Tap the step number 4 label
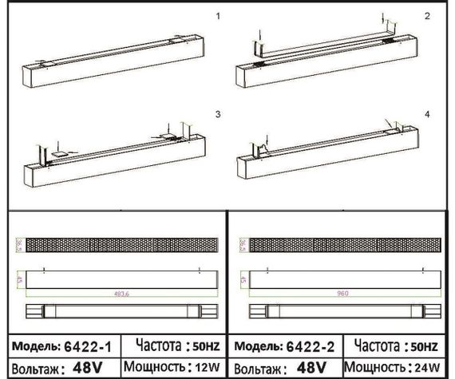427,116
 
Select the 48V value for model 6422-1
87,369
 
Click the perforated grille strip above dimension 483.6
121,244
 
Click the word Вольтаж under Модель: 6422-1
33,369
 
